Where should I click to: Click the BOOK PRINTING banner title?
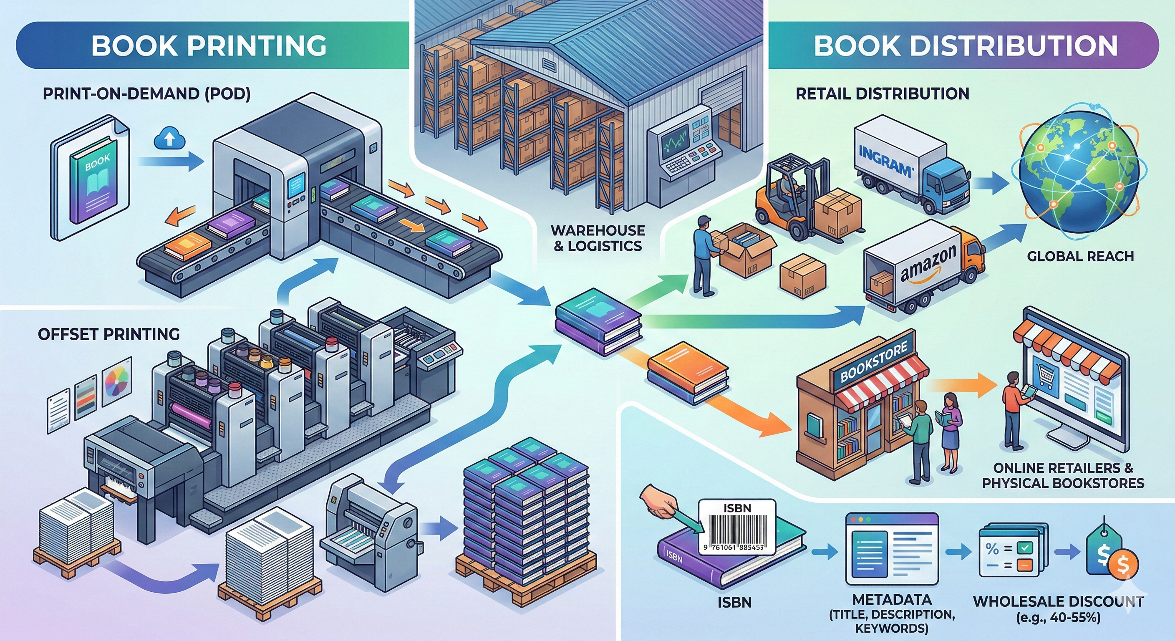(209, 45)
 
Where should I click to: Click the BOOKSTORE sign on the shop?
(873, 362)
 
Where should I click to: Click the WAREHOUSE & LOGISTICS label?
(597, 238)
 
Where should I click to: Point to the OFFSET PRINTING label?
(108, 334)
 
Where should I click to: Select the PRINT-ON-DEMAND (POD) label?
(146, 94)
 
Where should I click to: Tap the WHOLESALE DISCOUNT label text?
(1058, 601)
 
